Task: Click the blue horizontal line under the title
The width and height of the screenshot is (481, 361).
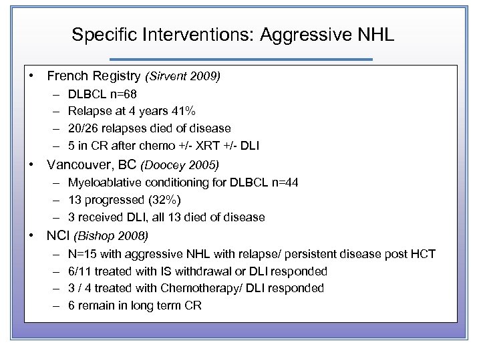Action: pos(240,59)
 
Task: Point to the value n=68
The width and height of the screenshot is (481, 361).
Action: pos(122,94)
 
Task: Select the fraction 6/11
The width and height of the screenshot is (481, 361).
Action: pos(79,271)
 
